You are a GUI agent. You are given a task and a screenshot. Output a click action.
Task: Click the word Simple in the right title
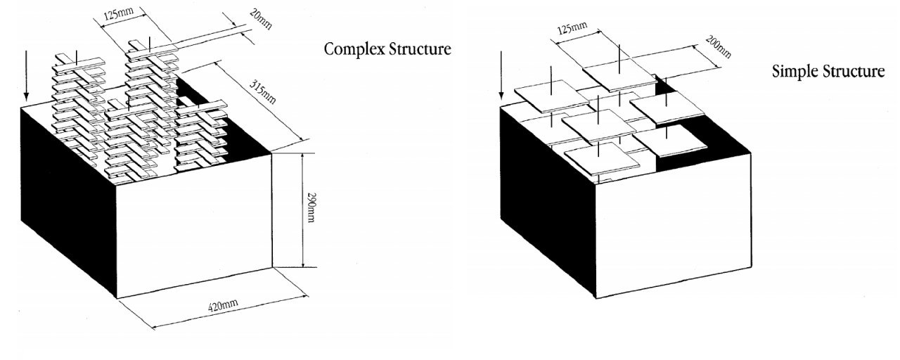(x=794, y=72)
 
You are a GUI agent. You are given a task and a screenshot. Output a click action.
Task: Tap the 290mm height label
(x=310, y=210)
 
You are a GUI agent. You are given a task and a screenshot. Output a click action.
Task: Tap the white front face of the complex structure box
(x=193, y=225)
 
